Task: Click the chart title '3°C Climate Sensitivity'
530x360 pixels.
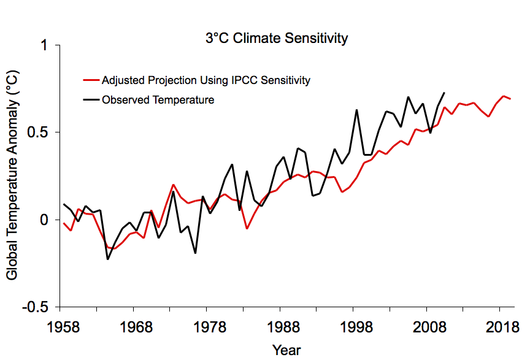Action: [x=276, y=38]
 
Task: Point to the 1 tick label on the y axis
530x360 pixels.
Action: [x=45, y=45]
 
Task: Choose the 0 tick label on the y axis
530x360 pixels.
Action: [x=45, y=220]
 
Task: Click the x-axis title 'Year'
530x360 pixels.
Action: [x=286, y=349]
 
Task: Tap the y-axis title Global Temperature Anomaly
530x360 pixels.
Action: [x=12, y=175]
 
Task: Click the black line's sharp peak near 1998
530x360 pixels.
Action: [x=356, y=110]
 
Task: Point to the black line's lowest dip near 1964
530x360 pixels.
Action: [x=108, y=259]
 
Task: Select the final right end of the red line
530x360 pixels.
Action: [x=510, y=99]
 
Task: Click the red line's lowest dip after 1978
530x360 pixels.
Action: [x=247, y=229]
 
